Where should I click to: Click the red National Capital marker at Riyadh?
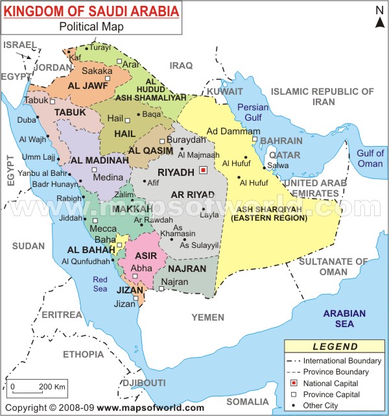(203, 171)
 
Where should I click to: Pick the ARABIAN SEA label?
(348, 320)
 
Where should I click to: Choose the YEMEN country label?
(208, 317)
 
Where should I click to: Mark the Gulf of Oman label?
(370, 158)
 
